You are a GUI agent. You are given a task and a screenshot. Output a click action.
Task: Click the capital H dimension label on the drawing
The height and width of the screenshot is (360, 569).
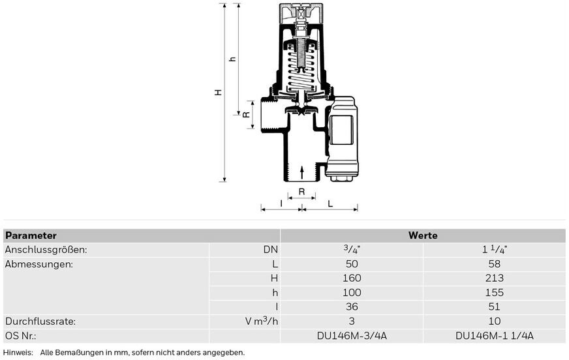click(218, 92)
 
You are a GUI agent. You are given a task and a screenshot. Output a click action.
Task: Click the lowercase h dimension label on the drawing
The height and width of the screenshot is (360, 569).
click(232, 59)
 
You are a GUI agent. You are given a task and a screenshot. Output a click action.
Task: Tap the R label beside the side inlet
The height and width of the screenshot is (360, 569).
click(246, 115)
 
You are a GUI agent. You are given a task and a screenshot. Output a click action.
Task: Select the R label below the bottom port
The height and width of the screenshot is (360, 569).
click(301, 192)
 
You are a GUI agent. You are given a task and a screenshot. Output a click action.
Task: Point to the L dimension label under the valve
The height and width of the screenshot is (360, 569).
click(330, 203)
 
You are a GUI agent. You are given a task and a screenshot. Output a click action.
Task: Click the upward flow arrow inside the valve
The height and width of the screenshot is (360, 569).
click(301, 172)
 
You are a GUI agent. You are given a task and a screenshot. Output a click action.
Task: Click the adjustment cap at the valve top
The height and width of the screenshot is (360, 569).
click(301, 14)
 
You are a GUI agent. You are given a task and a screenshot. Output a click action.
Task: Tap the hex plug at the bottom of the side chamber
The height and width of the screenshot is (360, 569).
click(340, 178)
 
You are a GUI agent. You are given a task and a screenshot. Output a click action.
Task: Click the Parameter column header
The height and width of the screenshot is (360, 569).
click(31, 235)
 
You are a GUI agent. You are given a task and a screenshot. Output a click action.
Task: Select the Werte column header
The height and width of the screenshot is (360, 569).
click(423, 235)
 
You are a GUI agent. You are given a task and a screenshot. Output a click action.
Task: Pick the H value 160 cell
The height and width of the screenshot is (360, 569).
click(352, 278)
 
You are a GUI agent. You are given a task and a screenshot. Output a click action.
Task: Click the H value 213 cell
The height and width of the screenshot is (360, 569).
click(494, 278)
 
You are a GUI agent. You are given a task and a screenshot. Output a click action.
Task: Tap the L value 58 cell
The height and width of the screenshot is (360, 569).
click(494, 264)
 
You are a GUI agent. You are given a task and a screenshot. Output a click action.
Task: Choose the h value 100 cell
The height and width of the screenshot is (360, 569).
click(352, 293)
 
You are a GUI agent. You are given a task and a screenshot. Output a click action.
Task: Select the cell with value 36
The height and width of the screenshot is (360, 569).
click(352, 307)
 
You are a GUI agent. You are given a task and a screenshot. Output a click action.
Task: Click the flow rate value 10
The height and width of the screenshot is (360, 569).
click(494, 322)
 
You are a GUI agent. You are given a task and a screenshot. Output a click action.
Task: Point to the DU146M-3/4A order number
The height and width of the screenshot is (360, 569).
click(352, 336)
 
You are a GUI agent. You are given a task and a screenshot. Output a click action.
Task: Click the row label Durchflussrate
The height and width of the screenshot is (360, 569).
click(40, 322)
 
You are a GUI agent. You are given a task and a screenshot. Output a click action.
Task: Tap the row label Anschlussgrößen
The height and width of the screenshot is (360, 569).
click(46, 250)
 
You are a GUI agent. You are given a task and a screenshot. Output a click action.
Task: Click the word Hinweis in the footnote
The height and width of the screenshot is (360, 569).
click(18, 352)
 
